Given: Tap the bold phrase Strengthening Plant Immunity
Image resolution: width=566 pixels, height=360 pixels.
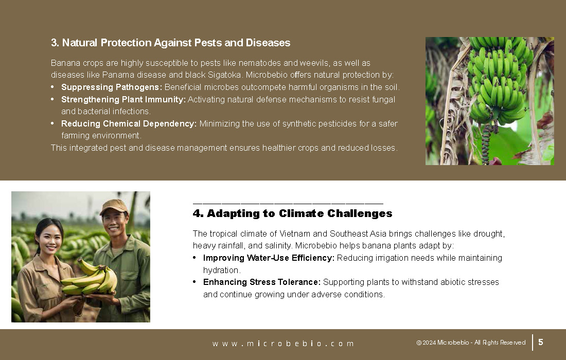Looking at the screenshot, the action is [x=123, y=100].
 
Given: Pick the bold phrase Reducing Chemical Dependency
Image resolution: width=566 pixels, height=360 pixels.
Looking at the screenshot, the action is [x=129, y=124].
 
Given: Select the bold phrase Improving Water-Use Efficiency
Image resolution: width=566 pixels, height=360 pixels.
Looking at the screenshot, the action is [x=269, y=258].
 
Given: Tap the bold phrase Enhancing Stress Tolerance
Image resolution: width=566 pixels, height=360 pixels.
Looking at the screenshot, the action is [x=262, y=282].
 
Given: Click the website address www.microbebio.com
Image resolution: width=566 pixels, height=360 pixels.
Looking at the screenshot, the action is [x=283, y=344].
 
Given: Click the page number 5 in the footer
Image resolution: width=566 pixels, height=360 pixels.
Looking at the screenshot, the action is [x=541, y=342].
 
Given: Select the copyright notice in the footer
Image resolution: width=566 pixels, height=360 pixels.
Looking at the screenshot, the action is [x=471, y=343].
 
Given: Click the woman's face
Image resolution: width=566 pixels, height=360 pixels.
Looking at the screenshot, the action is [x=49, y=239].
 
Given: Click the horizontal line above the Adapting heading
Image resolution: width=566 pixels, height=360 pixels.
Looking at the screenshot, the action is [x=288, y=204].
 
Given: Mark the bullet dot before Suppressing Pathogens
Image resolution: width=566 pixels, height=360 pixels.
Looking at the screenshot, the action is [x=52, y=87].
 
